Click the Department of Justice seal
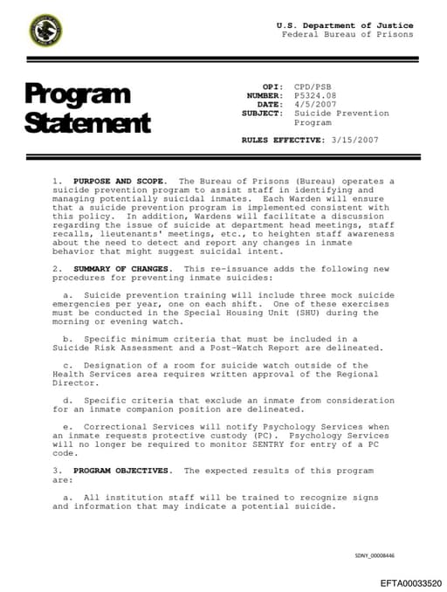click(x=45, y=31)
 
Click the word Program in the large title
click(x=78, y=93)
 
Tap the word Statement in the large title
click(x=87, y=122)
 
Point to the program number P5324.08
click(x=315, y=96)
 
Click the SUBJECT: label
click(x=262, y=114)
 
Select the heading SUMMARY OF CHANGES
click(x=123, y=268)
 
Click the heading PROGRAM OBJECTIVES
click(x=123, y=471)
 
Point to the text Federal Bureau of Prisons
click(x=347, y=35)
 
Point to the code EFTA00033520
click(x=410, y=582)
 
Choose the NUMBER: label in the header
click(x=265, y=96)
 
